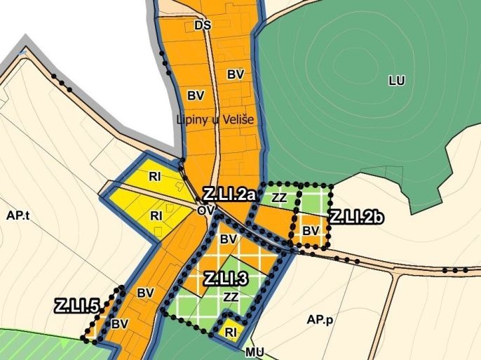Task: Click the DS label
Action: (203, 25)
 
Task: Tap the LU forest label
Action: (397, 81)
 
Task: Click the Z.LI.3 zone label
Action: (226, 278)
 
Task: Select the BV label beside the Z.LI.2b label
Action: (310, 229)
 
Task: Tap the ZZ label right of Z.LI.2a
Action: (279, 198)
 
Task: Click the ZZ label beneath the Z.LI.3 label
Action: (231, 297)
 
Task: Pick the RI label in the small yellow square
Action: (230, 330)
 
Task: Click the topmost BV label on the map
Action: (236, 73)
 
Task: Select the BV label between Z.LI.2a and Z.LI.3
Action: (227, 239)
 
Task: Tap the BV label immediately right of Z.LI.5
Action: (120, 324)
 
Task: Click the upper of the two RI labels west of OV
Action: (156, 176)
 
